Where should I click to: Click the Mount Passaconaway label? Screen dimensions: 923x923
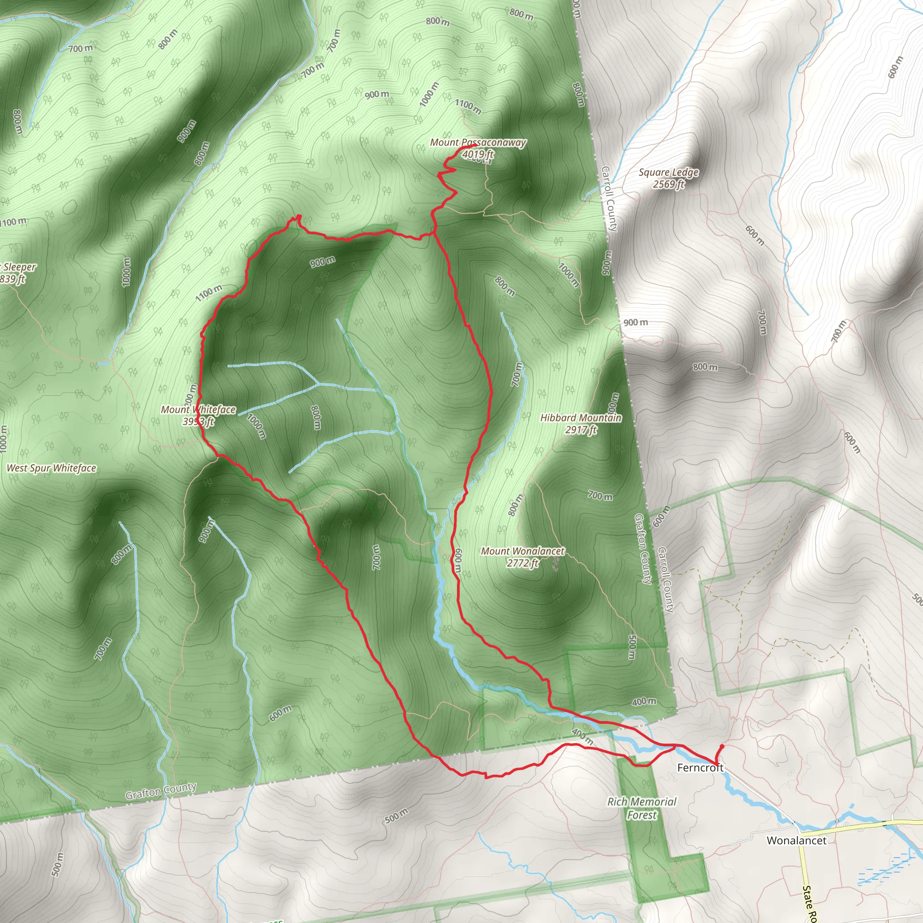[478, 142]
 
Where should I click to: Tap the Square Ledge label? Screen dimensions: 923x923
[668, 173]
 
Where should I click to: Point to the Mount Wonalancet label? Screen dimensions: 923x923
[522, 551]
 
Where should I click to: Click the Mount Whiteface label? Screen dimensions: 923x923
[198, 409]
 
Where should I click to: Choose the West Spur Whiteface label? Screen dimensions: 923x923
[51, 468]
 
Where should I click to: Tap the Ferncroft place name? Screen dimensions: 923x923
[700, 768]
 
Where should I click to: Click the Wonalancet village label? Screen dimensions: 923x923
[796, 841]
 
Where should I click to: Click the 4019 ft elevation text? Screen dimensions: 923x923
[478, 154]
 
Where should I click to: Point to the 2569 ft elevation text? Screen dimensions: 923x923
[669, 184]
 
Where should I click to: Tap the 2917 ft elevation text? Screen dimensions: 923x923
[581, 430]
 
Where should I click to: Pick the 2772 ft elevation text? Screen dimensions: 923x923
[522, 563]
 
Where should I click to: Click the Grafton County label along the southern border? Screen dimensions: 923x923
[161, 791]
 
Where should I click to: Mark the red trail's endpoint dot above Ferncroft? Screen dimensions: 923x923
[722, 746]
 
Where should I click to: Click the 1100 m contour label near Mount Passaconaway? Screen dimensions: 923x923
[468, 106]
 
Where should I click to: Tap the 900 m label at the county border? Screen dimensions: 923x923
[635, 323]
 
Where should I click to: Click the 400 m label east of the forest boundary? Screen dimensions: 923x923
[644, 702]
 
